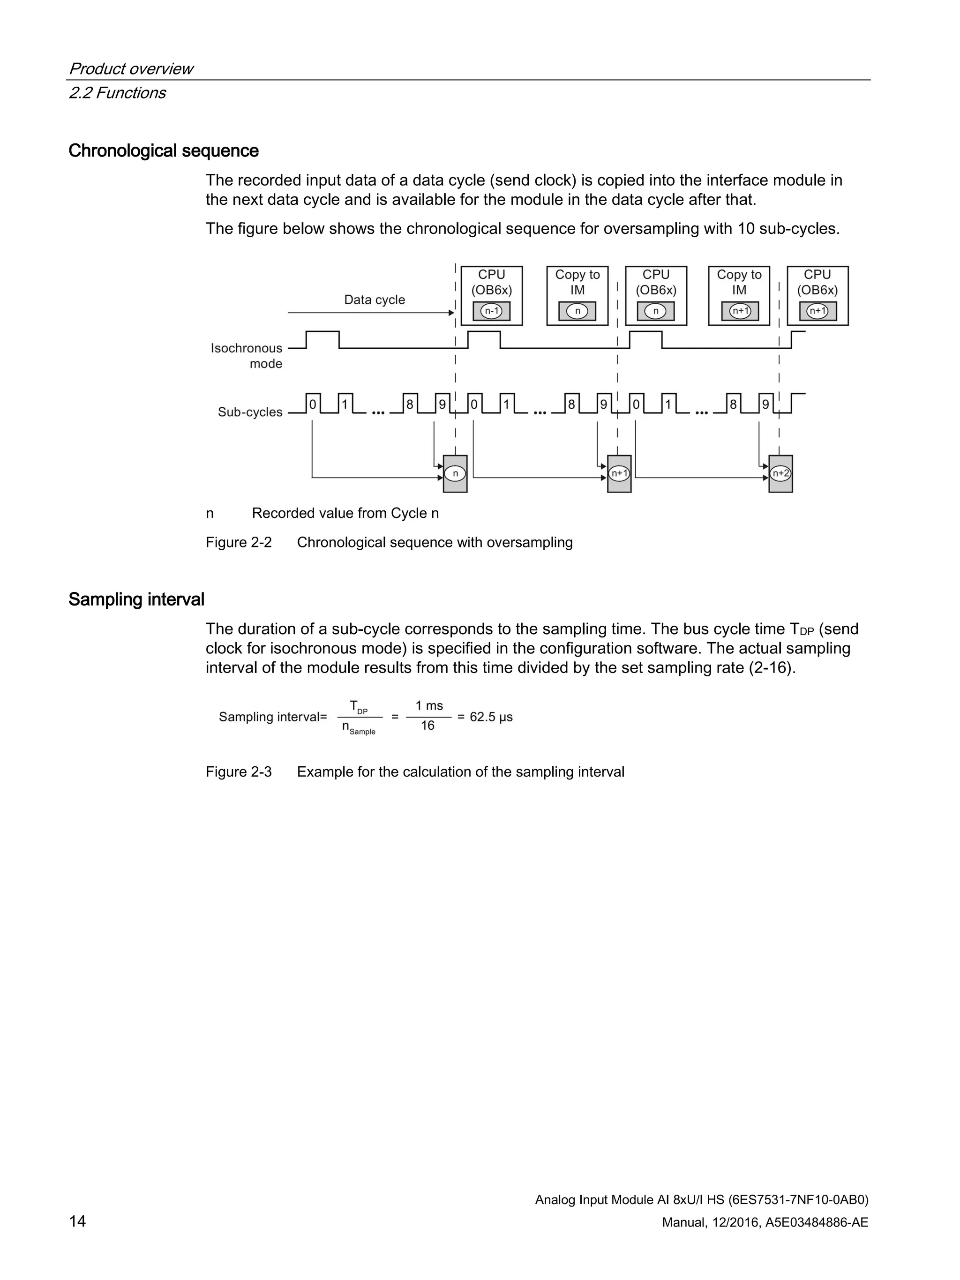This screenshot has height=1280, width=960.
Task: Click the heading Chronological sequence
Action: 163,150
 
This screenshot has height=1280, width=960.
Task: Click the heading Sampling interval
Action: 136,599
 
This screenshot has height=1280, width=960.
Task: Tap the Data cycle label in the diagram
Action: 375,300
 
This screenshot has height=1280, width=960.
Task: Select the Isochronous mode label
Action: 247,355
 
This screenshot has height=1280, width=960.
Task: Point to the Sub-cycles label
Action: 250,412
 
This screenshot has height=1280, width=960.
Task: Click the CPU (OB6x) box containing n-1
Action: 491,296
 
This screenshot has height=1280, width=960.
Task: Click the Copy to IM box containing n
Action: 577,296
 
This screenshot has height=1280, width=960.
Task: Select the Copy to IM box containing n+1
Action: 739,296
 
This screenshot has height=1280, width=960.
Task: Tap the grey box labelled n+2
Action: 780,473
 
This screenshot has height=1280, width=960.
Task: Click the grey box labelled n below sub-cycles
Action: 455,473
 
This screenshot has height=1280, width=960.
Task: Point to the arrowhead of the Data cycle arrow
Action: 451,313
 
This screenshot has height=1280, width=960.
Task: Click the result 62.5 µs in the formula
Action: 491,717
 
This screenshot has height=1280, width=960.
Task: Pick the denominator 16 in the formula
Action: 427,726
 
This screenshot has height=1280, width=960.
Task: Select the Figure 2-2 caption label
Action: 239,542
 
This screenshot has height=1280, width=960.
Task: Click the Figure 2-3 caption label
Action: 239,772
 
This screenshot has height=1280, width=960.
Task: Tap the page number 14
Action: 77,1221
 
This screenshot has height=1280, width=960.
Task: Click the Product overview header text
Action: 131,69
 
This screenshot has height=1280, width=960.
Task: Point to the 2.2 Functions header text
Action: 118,93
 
